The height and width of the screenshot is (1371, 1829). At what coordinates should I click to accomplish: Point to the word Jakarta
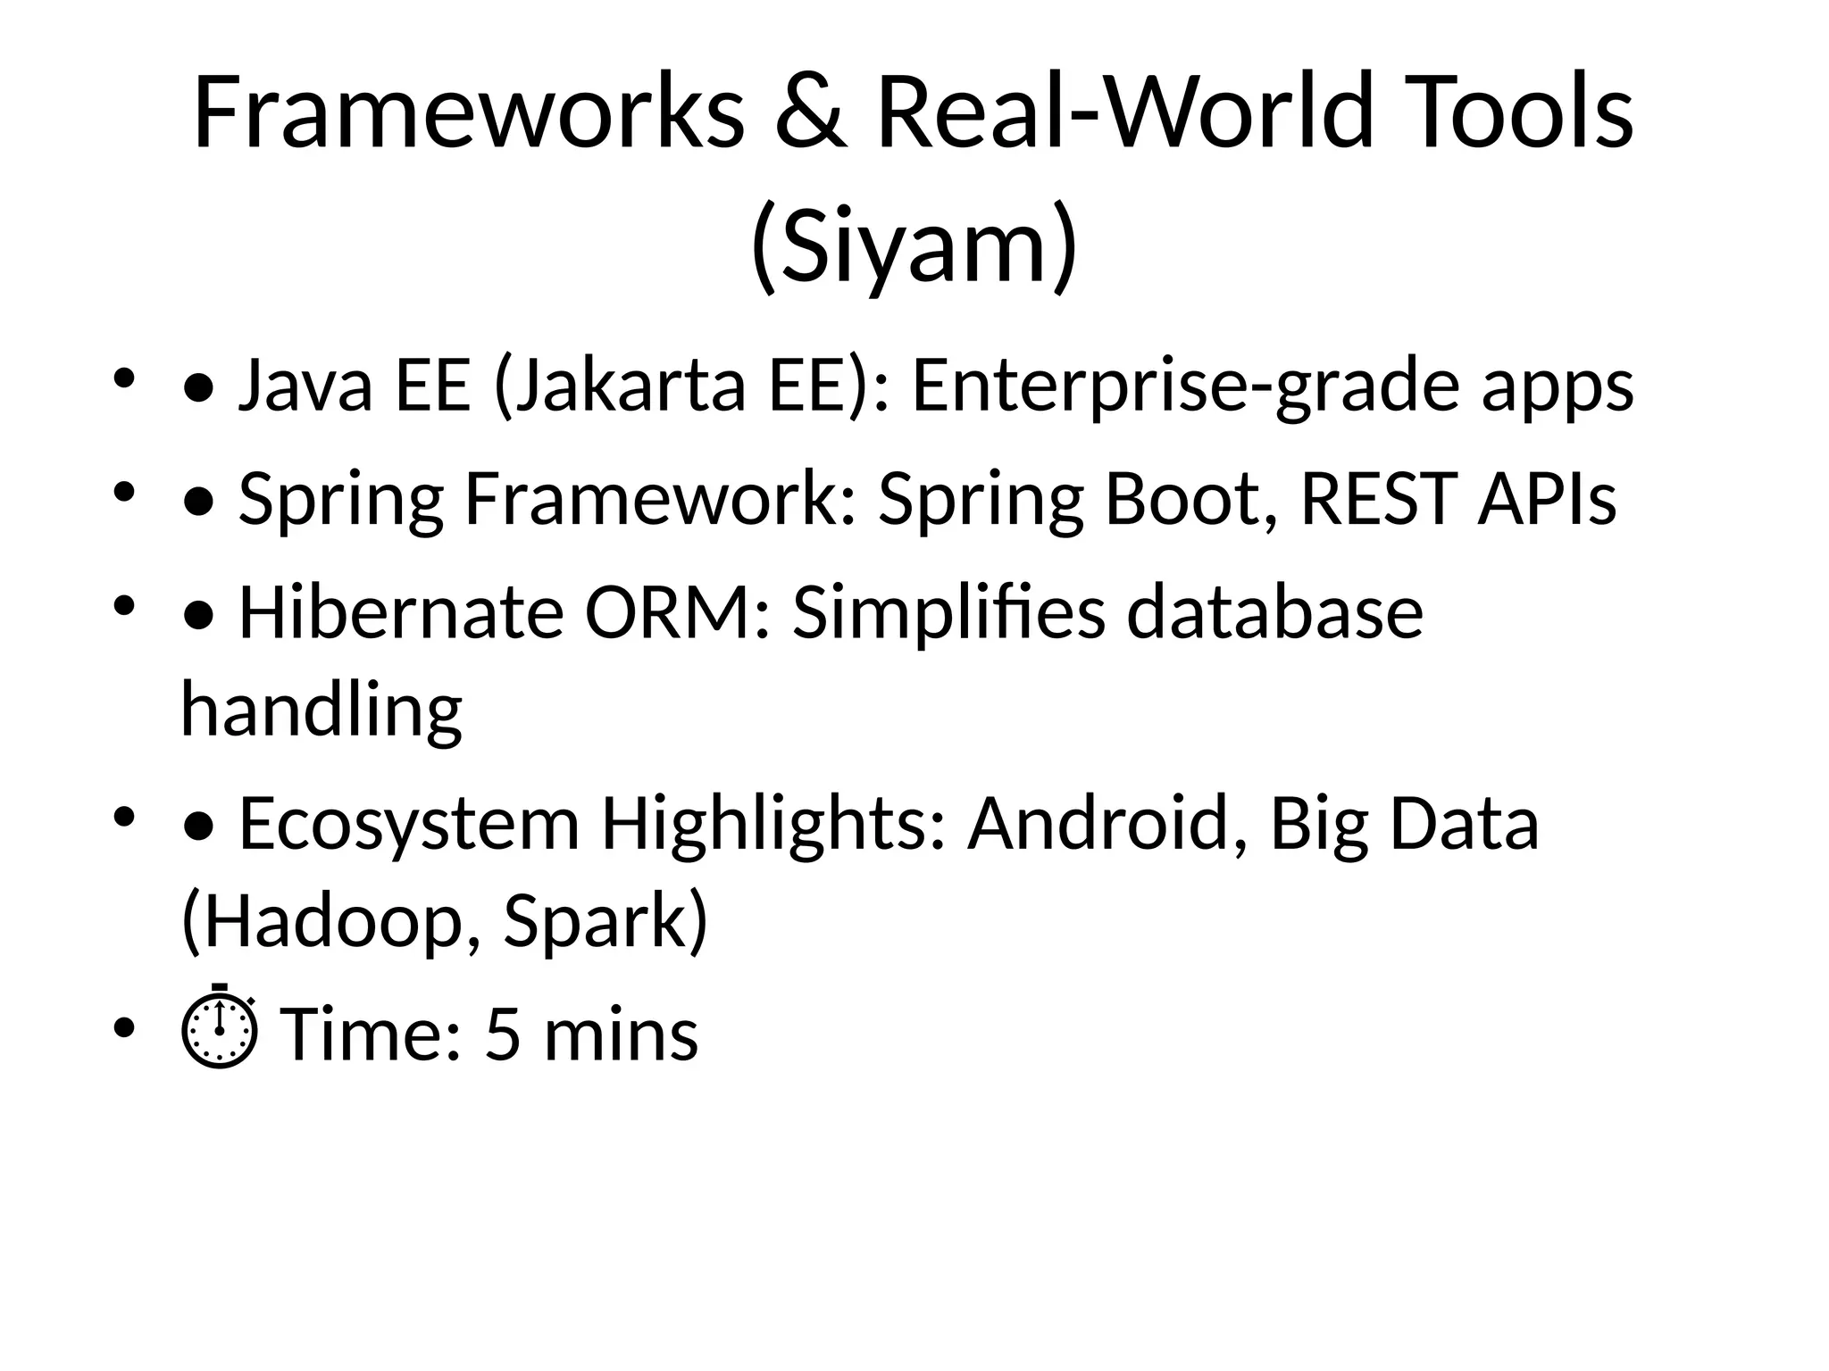(620, 386)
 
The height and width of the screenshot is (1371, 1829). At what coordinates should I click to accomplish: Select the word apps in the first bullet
(1558, 386)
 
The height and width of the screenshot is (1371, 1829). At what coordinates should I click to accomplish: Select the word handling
(322, 709)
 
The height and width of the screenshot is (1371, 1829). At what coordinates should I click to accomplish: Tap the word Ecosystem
(409, 823)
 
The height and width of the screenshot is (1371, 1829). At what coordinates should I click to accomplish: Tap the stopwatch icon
(220, 1028)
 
